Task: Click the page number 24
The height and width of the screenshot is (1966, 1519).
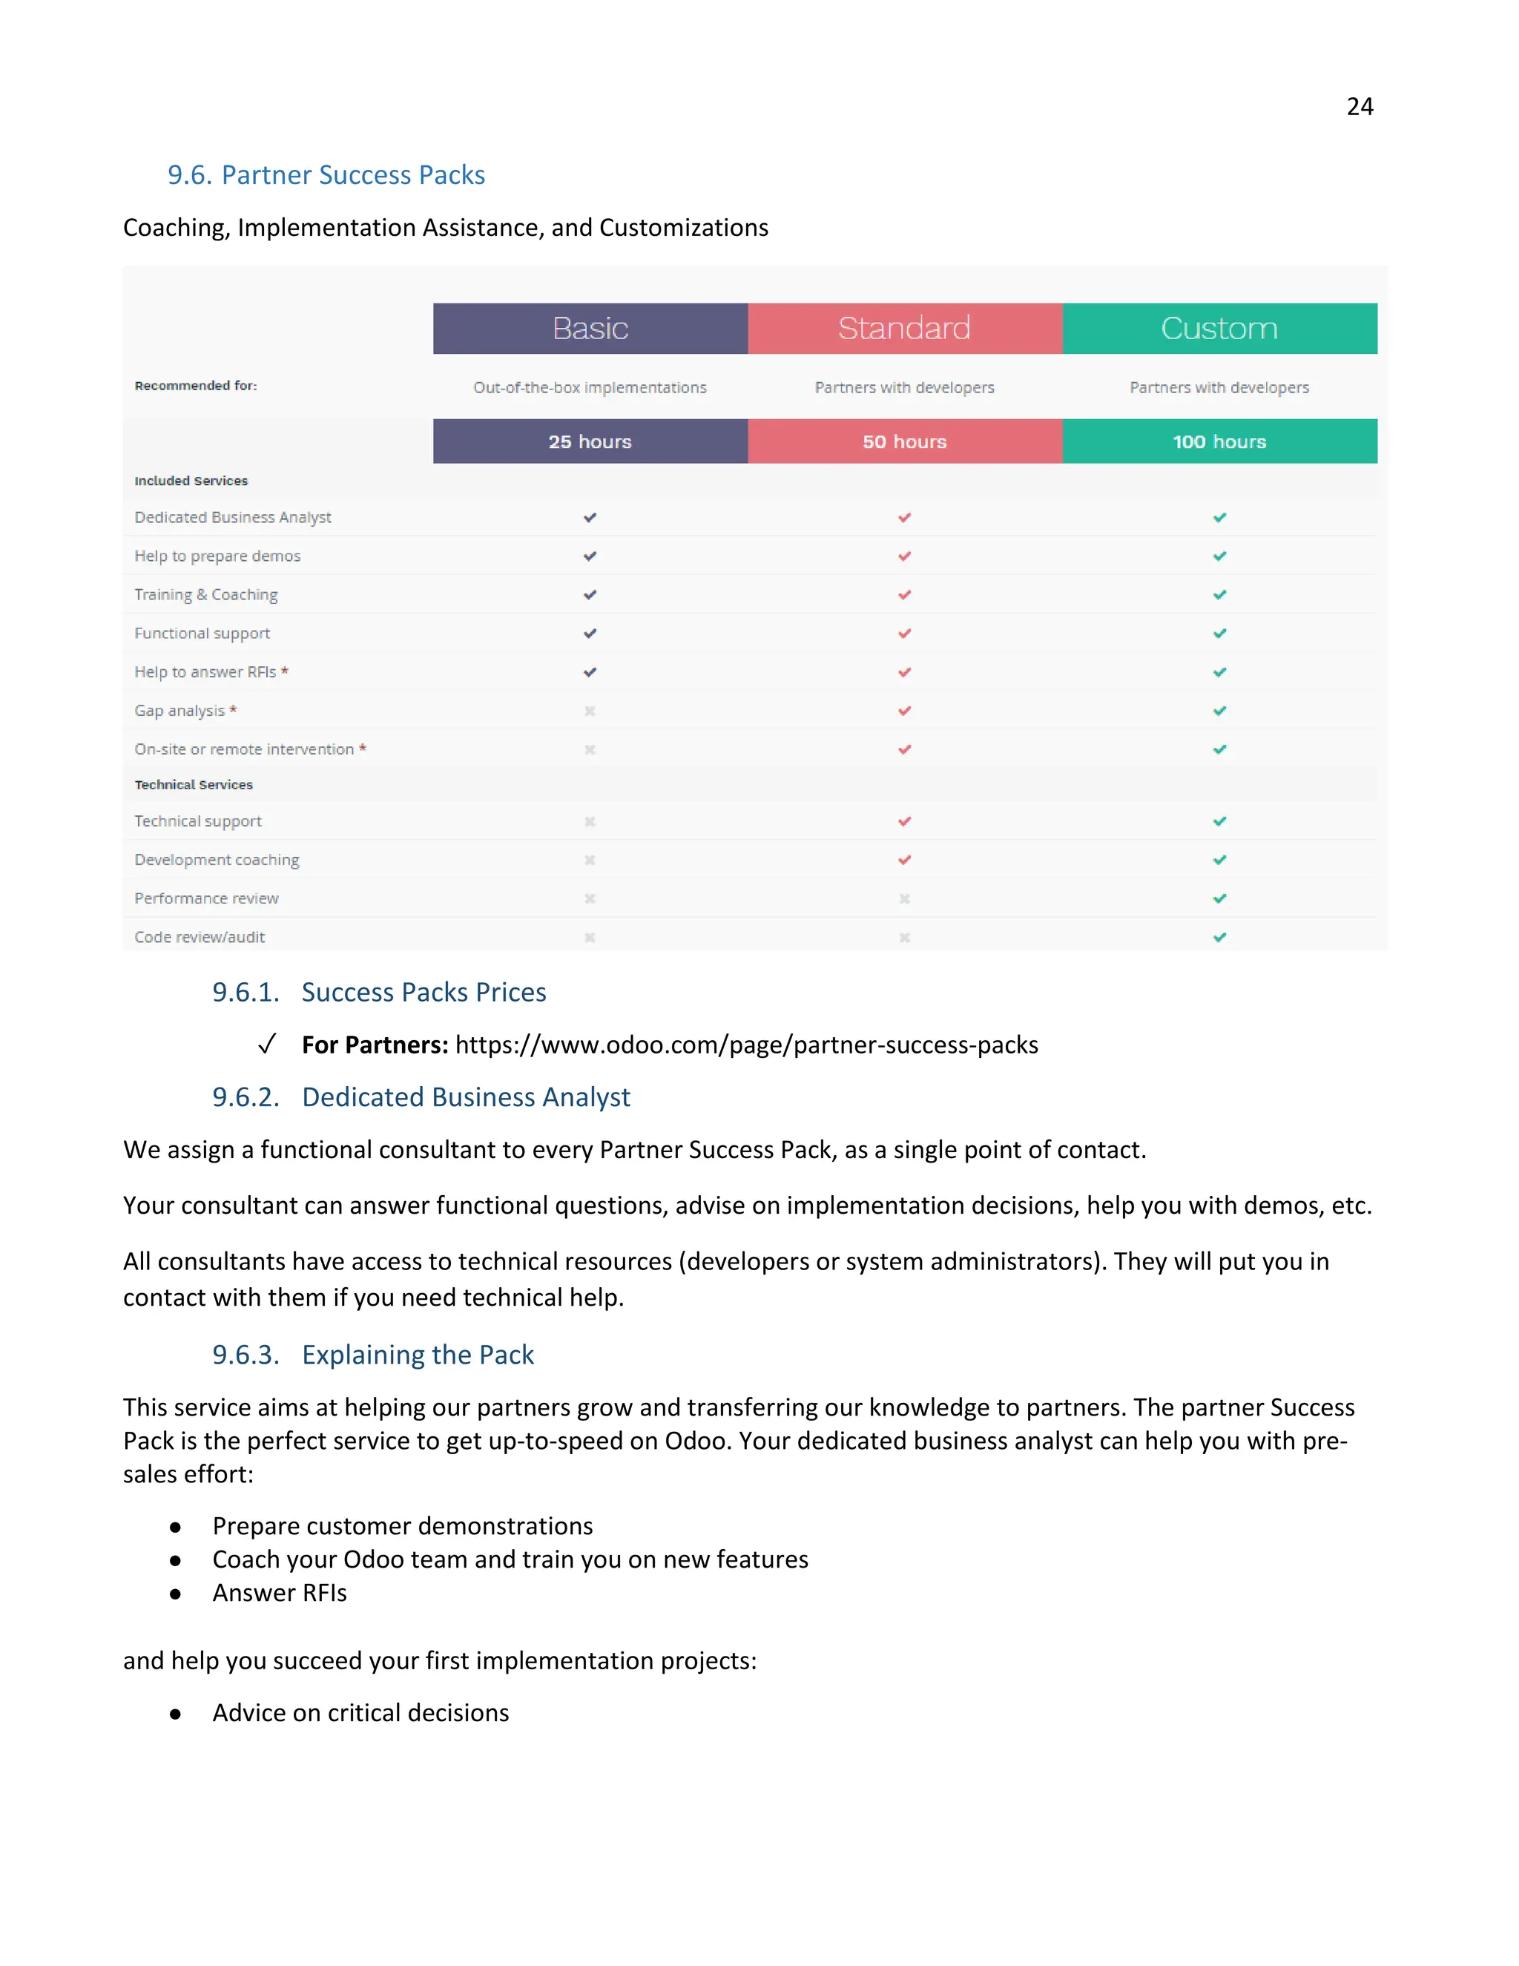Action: coord(1359,107)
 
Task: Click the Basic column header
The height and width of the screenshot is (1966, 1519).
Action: coord(590,329)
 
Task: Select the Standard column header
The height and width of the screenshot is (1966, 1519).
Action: coord(904,329)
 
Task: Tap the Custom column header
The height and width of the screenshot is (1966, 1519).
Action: coord(1219,329)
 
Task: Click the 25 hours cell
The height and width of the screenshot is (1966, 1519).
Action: coord(590,441)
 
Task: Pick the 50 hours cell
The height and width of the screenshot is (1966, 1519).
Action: coord(904,441)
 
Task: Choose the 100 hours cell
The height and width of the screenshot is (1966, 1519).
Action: coord(1219,441)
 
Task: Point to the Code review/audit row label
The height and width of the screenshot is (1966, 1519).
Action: coord(199,937)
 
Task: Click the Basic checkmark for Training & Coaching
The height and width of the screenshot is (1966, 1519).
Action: coord(590,595)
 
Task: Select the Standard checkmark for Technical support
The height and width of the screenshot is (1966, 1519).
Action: coord(904,821)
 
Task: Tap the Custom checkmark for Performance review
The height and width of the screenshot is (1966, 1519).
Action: coord(1219,898)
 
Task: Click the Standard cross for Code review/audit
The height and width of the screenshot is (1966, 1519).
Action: coord(904,937)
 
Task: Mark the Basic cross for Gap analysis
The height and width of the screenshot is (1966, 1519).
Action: coord(590,711)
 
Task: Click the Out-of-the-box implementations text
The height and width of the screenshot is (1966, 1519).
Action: coord(590,388)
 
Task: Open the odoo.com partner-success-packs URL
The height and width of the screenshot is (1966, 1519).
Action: coord(746,1045)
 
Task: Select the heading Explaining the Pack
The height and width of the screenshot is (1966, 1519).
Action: coord(418,1355)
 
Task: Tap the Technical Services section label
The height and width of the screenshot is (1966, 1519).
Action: coord(194,785)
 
